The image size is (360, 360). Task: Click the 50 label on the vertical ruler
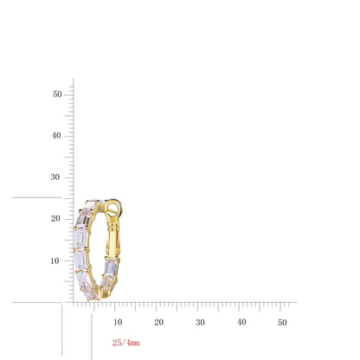click(x=56, y=93)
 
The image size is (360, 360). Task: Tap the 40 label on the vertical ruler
click(x=56, y=135)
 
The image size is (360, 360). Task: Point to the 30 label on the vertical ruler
click(x=56, y=177)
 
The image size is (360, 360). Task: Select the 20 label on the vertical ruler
click(x=56, y=218)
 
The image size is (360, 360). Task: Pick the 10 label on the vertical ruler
click(x=56, y=260)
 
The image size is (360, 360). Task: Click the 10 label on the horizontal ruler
click(x=118, y=322)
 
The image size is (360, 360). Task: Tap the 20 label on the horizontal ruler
click(x=159, y=322)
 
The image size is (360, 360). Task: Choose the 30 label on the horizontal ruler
click(x=200, y=322)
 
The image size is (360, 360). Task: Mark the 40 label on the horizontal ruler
click(x=241, y=322)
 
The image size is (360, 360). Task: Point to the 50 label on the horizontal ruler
click(x=282, y=322)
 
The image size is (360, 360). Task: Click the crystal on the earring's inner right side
click(x=111, y=267)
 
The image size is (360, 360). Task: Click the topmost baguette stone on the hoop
click(x=91, y=206)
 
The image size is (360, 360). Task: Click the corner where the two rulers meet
click(x=74, y=302)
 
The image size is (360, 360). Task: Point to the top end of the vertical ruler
click(x=74, y=80)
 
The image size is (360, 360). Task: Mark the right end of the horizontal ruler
click(x=295, y=302)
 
